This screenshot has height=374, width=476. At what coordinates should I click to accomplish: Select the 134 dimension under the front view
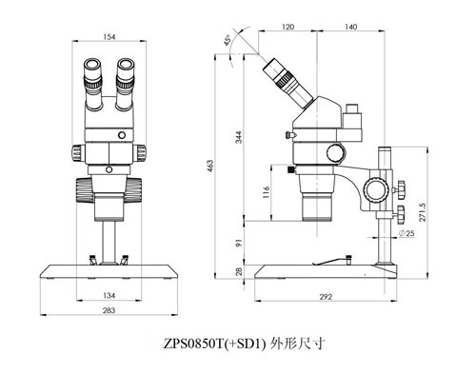point(111,295)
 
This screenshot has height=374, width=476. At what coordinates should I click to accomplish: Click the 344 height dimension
point(237,139)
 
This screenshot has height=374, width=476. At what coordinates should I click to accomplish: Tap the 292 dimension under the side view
point(324,298)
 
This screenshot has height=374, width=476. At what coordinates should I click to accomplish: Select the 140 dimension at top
point(350,29)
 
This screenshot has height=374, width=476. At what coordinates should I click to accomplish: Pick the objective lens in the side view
point(317,206)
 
